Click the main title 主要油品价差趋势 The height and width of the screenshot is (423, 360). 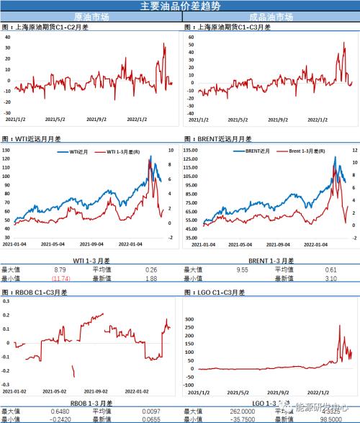point(180,5)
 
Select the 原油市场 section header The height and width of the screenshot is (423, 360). point(89,16)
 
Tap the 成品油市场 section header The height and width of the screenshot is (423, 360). point(269,16)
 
